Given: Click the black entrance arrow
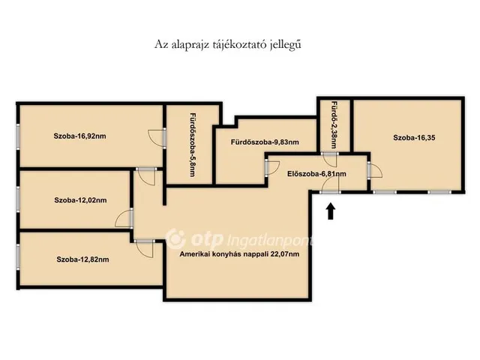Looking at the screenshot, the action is (x=331, y=211).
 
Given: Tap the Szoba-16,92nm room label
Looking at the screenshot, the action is (x=80, y=136).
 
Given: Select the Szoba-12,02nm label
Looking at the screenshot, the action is (x=80, y=200).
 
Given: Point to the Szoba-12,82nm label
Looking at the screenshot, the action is (x=82, y=259).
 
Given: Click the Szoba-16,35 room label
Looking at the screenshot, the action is (x=414, y=138).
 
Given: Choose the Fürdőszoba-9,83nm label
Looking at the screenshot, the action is (x=265, y=142).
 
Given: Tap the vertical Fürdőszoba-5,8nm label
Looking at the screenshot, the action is (x=193, y=145).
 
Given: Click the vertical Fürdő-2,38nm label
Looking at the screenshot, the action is (x=334, y=125).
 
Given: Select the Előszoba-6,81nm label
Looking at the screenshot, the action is (x=316, y=174).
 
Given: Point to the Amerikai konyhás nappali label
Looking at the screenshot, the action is (x=239, y=254).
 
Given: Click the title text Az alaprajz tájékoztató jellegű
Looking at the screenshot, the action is (x=228, y=44).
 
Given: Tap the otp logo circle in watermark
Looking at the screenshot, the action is (x=175, y=238).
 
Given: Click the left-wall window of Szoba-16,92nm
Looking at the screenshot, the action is (x=18, y=136).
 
